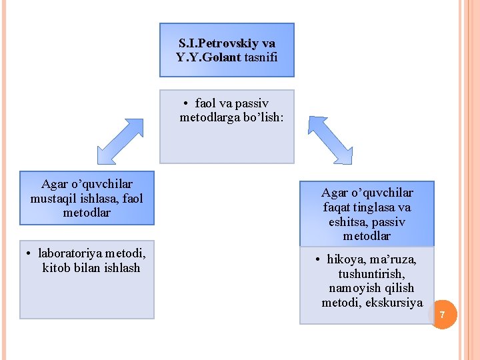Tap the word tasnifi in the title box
coord(259,57)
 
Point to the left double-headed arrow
coord(120,141)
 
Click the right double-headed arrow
coord(330,140)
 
